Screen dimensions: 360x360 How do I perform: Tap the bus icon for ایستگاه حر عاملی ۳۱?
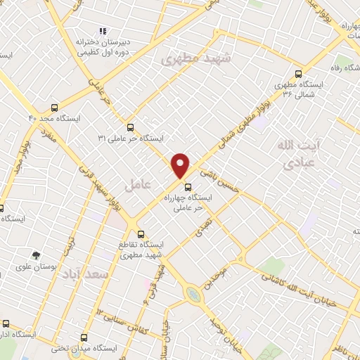tap(131, 127)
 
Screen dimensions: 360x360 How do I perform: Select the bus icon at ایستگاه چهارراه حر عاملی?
tap(187, 187)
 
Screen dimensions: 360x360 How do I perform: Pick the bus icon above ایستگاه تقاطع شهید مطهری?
tap(141, 234)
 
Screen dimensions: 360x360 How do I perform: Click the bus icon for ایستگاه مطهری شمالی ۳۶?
tap(300, 73)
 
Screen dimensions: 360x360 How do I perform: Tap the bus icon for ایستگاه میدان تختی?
tap(84, 337)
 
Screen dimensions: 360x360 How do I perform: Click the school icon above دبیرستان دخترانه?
tap(103, 31)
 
